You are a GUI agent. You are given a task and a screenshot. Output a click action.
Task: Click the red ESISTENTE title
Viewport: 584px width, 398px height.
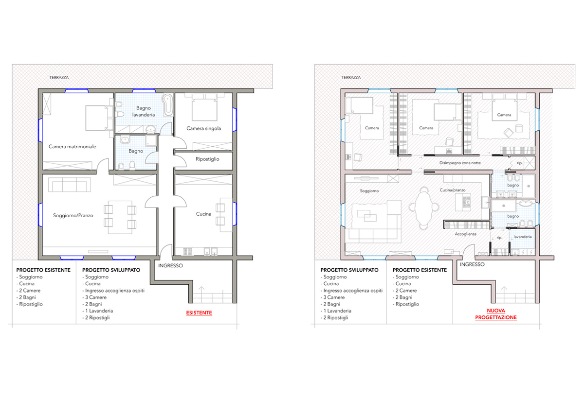(x=199, y=312)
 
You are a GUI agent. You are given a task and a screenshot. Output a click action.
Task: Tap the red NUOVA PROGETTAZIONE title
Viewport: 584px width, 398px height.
(x=495, y=314)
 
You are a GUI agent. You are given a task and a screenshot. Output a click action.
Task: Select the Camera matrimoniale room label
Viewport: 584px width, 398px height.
(x=72, y=147)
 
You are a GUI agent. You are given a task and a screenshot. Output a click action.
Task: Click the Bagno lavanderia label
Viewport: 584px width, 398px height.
(x=144, y=111)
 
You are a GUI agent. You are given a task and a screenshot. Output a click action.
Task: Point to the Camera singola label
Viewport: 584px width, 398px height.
(x=203, y=128)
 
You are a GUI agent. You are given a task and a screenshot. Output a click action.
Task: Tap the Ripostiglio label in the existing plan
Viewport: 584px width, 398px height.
(x=207, y=159)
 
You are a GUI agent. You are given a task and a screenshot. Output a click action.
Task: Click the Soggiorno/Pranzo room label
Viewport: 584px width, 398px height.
(x=73, y=215)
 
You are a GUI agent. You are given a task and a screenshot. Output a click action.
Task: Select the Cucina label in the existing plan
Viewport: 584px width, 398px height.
(x=203, y=214)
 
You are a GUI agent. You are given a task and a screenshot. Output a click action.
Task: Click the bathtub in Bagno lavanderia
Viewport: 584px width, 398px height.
(x=167, y=105)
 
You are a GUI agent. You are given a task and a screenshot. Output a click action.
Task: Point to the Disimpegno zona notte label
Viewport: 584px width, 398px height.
(x=460, y=163)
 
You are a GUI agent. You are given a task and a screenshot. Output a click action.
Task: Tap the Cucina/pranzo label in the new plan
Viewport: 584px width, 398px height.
(x=452, y=190)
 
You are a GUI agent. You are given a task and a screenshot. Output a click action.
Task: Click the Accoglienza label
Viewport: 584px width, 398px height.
(x=465, y=234)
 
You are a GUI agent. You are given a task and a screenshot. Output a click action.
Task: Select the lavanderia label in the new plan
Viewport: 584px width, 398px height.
(x=523, y=237)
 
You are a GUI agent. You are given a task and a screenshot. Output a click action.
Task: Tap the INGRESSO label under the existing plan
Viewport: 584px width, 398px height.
(x=170, y=265)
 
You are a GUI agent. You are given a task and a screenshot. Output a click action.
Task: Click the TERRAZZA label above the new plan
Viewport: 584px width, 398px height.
(x=351, y=78)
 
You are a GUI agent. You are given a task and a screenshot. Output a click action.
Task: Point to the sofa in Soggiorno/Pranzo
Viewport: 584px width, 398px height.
(x=70, y=185)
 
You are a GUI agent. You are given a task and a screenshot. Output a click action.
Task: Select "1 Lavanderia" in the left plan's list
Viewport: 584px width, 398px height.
(x=99, y=311)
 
